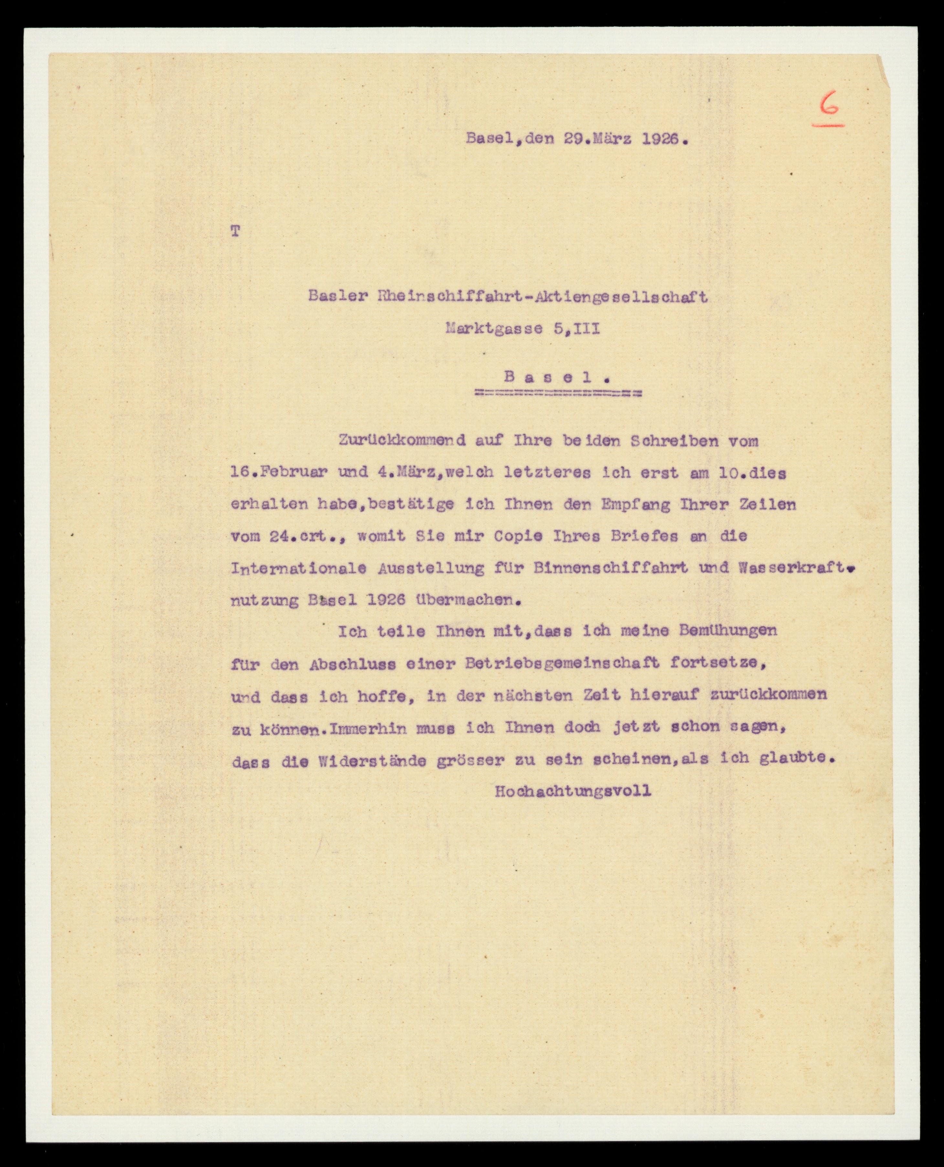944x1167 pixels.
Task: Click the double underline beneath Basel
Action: [557, 393]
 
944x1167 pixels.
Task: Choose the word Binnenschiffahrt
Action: [610, 568]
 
